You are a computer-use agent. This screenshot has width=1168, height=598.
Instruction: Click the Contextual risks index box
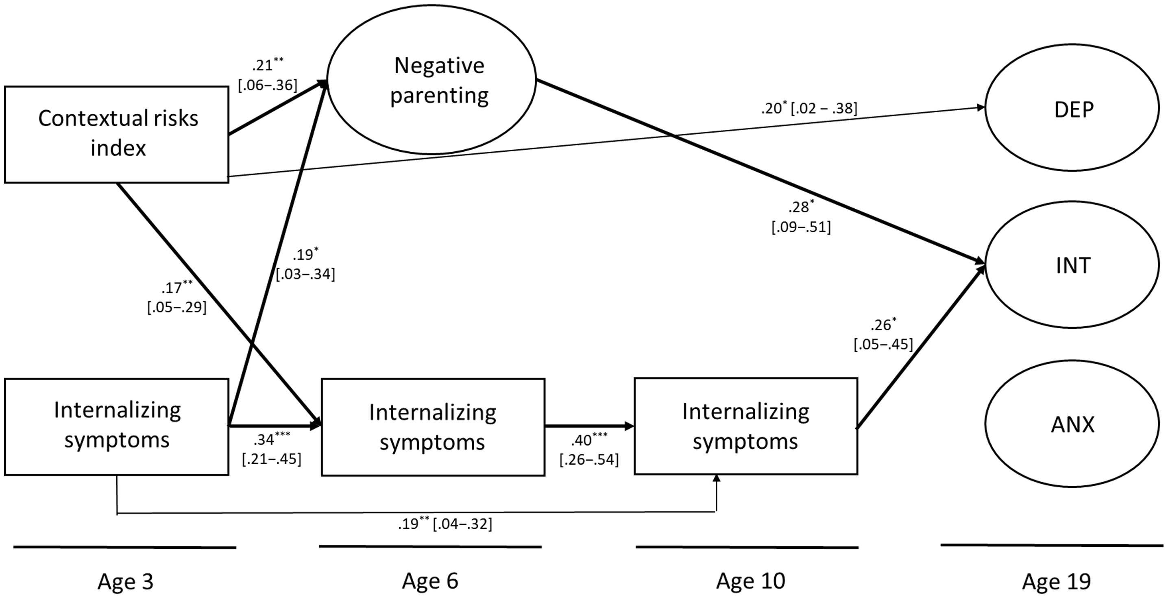117,134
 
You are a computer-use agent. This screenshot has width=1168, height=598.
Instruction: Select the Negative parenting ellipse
431,80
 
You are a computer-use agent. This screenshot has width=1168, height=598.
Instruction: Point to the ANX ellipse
1072,423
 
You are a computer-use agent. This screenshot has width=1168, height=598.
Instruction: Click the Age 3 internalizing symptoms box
117,426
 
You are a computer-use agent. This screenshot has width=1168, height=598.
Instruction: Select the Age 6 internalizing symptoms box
433,426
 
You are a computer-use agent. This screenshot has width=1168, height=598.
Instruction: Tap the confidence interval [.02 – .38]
824,109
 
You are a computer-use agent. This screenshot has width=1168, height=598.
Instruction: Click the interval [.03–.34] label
305,274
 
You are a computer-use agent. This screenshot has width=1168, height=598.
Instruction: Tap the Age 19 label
1056,582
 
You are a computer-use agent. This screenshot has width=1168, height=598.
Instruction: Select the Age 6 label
430,581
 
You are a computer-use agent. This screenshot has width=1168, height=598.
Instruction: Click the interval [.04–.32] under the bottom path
462,524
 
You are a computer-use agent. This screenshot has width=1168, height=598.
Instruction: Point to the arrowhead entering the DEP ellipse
981,107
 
